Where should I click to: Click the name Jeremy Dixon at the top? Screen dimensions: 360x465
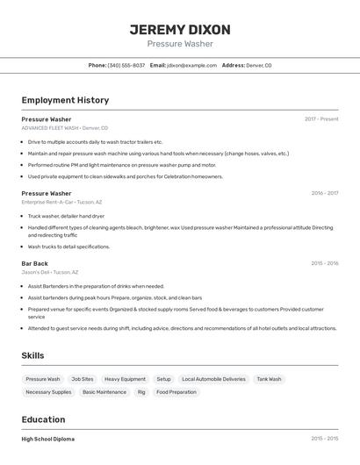[x=179, y=29]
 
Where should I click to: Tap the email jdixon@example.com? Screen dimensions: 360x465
[x=191, y=65]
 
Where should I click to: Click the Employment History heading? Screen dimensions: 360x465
[x=65, y=100]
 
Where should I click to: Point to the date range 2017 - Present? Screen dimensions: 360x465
[x=320, y=118]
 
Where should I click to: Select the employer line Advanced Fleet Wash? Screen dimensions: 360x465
[x=65, y=128]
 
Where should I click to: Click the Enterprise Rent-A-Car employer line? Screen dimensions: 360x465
[x=61, y=202]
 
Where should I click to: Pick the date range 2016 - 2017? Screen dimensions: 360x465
[x=324, y=193]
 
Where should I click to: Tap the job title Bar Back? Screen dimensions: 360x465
[x=35, y=263]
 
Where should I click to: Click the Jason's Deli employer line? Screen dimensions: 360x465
[x=50, y=272]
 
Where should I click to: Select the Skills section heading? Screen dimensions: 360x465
[x=33, y=354]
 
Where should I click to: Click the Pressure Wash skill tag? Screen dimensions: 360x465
[x=43, y=379]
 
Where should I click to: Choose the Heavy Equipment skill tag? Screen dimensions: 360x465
[x=125, y=379]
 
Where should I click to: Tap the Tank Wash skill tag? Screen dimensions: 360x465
[x=269, y=379]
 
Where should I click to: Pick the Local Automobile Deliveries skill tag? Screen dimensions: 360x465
[x=213, y=379]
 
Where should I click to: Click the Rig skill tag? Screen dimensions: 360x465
[x=141, y=392]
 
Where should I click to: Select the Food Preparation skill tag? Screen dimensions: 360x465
[x=176, y=392]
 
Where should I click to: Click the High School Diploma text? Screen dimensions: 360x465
[x=48, y=439]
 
